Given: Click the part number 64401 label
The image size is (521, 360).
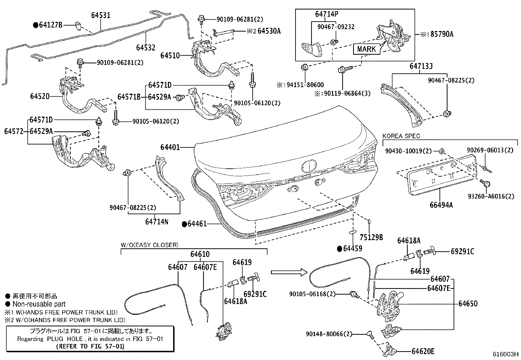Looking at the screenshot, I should pyautogui.click(x=170, y=148).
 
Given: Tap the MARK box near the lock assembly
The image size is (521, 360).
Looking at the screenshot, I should pyautogui.click(x=366, y=49).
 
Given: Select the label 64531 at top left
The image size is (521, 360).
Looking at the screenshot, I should pyautogui.click(x=100, y=15).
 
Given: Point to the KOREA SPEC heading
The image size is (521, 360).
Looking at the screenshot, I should pyautogui.click(x=401, y=136).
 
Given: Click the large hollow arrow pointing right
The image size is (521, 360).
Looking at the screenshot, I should pyautogui.click(x=289, y=272).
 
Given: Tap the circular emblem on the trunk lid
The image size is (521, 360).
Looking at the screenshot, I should pyautogui.click(x=309, y=166).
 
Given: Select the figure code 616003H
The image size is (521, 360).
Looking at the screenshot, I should pyautogui.click(x=506, y=354).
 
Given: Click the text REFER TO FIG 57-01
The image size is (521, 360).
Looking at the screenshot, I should pyautogui.click(x=90, y=346).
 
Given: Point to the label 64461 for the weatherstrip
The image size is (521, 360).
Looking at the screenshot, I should pyautogui.click(x=197, y=224).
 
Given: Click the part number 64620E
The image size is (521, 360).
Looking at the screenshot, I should pyautogui.click(x=423, y=351).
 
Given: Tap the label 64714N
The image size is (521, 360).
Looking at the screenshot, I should pyautogui.click(x=157, y=222).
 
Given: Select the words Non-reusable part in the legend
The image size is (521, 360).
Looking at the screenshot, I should pyautogui.click(x=39, y=304).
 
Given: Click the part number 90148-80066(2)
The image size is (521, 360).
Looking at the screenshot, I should pyautogui.click(x=329, y=334).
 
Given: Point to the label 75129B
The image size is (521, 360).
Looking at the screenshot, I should pyautogui.click(x=371, y=237).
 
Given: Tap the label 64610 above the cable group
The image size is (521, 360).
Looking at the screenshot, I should pyautogui.click(x=200, y=254).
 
